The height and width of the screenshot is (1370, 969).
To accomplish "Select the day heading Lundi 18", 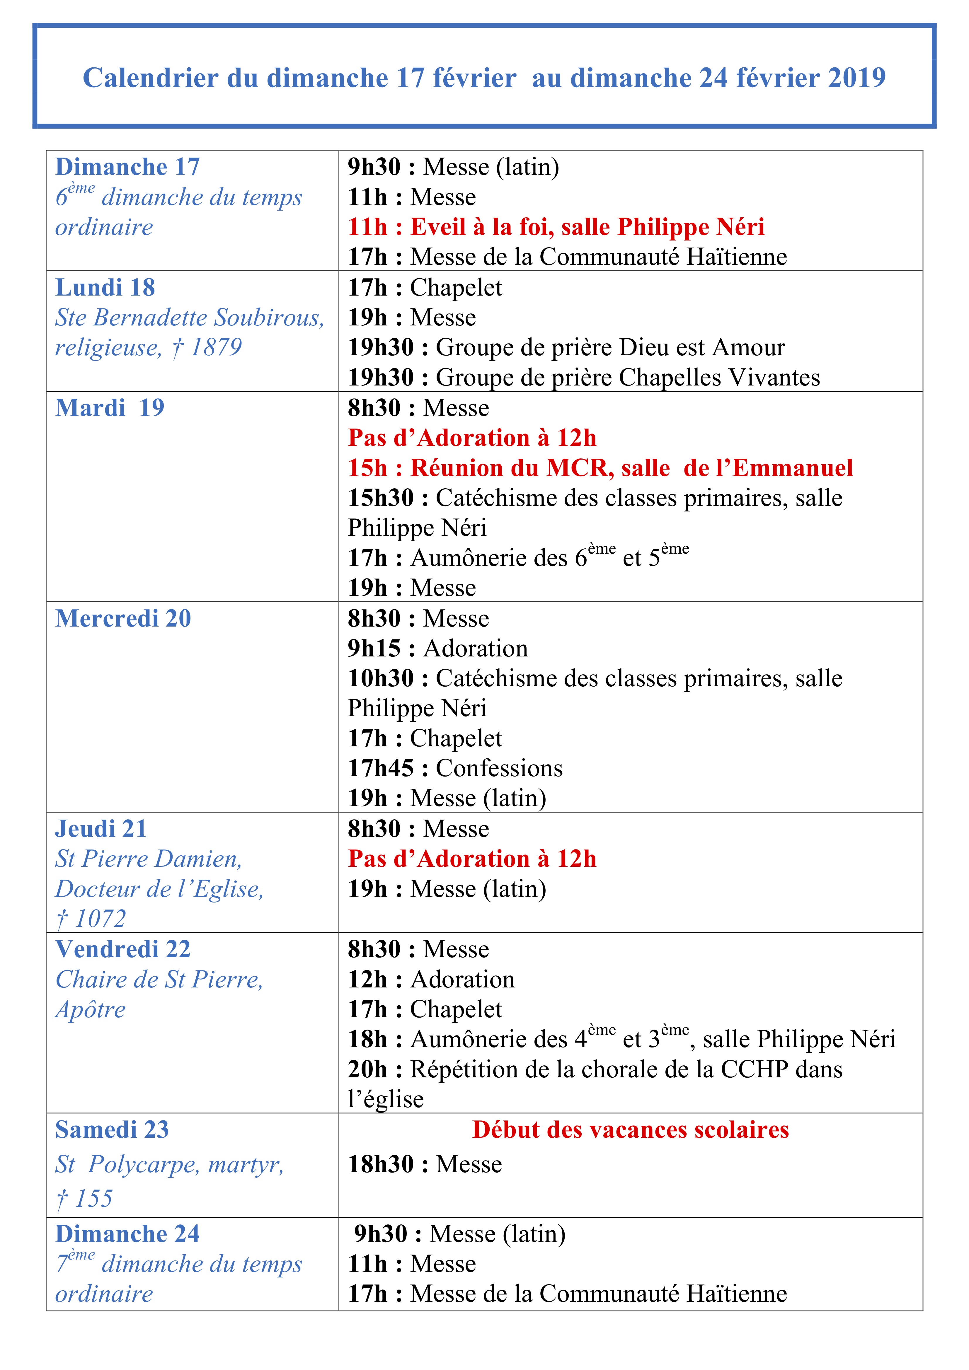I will tap(105, 288).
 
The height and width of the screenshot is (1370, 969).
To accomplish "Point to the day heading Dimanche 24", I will tap(127, 1234).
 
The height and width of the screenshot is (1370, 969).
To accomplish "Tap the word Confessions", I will tap(499, 769).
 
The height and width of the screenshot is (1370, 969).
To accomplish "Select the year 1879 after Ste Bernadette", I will tap(216, 347).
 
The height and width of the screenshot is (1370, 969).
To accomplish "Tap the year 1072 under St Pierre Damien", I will tap(100, 919).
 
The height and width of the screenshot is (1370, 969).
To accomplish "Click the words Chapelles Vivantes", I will tap(719, 378).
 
